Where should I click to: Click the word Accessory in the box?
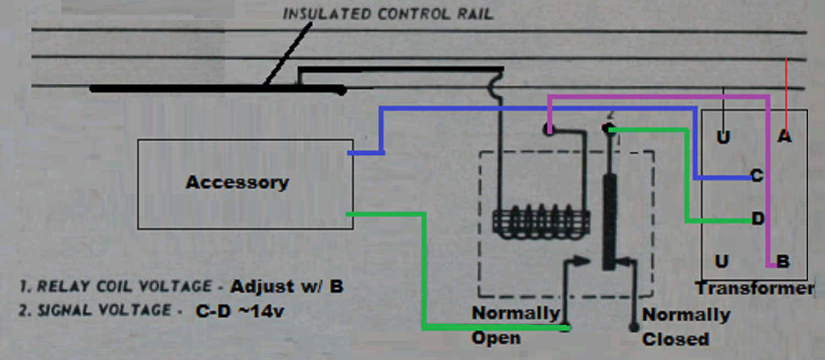click(x=237, y=182)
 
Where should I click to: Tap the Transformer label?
click(x=754, y=288)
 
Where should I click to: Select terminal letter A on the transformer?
click(x=785, y=137)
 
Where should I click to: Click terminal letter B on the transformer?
click(x=783, y=261)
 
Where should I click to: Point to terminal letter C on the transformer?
click(x=757, y=176)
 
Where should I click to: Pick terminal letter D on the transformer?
click(x=758, y=219)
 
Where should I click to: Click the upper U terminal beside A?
click(x=723, y=137)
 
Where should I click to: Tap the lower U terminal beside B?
click(x=722, y=261)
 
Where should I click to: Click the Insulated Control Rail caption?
click(x=388, y=14)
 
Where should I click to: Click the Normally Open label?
click(x=515, y=325)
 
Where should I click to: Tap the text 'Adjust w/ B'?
click(x=287, y=287)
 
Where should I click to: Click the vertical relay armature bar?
click(x=608, y=221)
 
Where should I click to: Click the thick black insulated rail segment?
click(x=215, y=88)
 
